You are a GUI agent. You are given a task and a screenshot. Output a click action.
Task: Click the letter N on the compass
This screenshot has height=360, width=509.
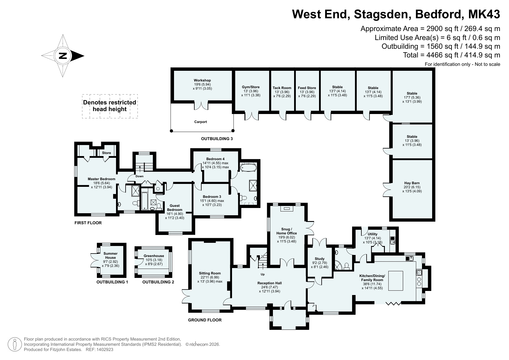[63, 56]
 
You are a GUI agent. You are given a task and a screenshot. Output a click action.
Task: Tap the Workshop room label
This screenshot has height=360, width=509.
[202, 80]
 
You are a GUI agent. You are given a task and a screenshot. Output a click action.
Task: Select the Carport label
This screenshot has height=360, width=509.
[200, 122]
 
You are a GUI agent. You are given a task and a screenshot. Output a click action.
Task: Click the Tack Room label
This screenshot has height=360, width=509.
[282, 88]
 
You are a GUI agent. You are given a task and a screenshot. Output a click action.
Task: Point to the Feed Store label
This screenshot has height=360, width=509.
[307, 88]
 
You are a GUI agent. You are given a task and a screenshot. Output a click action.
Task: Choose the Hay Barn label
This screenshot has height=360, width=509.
[412, 183]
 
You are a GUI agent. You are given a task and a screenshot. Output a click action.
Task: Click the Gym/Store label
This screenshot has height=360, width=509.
[251, 87]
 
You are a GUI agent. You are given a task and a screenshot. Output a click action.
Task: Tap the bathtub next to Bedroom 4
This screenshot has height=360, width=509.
[249, 168]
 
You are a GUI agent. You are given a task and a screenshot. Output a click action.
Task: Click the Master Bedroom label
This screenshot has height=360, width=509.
[102, 179]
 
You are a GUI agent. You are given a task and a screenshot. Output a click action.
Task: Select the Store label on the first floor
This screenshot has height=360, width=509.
[106, 153]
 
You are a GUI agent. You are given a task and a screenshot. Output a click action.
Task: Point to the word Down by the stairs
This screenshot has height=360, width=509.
[140, 176]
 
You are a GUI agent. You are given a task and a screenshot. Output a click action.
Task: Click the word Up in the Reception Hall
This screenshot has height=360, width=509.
[263, 274]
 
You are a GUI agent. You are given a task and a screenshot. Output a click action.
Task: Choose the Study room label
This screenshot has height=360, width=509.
[320, 259]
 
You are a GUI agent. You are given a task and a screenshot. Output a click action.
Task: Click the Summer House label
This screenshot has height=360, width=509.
[111, 256]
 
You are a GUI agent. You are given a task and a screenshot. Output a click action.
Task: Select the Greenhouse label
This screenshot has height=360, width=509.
[154, 256]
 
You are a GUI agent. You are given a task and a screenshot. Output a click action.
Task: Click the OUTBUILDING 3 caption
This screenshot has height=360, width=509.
[217, 139]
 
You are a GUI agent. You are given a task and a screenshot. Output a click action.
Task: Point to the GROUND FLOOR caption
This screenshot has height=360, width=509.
[205, 320]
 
